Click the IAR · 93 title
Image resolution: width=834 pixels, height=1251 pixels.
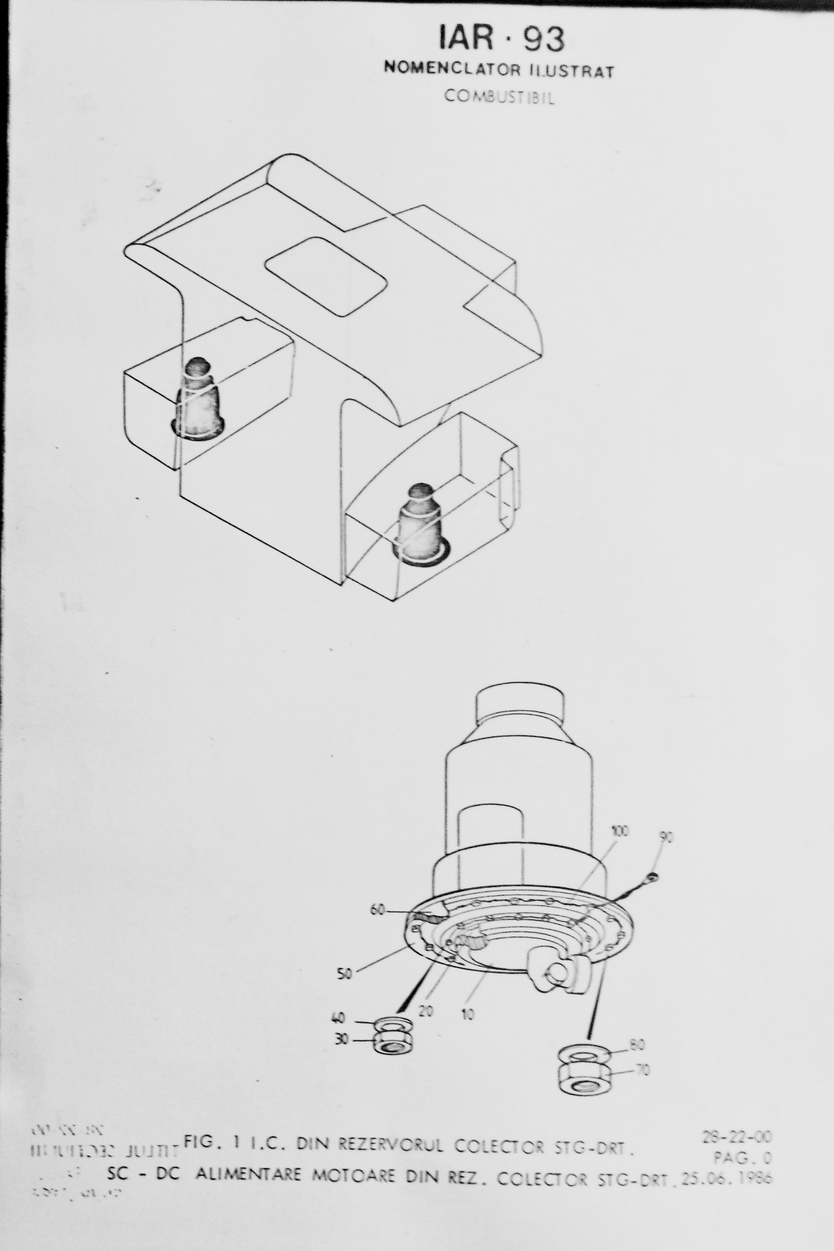tap(501, 39)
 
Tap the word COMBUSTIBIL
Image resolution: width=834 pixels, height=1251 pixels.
tap(499, 97)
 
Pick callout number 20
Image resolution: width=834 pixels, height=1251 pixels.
tap(425, 1011)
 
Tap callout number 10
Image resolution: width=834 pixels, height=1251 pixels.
tap(468, 1014)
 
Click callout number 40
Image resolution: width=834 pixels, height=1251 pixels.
tap(339, 1018)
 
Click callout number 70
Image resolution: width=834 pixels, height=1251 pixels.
tap(643, 1069)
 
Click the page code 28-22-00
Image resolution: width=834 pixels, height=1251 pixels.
tap(737, 1137)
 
